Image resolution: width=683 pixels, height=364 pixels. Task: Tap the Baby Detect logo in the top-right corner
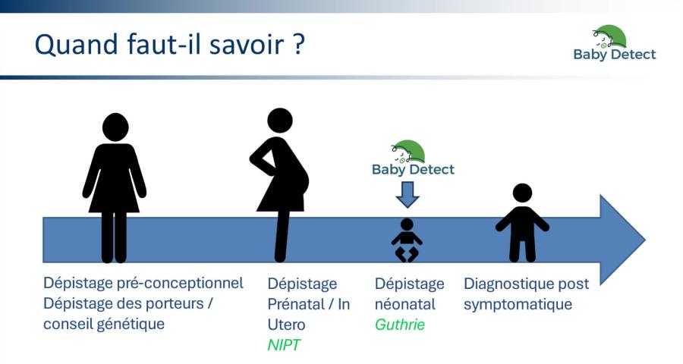(x=615, y=43)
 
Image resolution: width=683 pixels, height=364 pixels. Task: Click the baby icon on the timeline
(x=407, y=240)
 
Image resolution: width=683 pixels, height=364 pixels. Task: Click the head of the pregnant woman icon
(x=280, y=121)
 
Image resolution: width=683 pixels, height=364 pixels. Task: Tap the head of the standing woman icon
(x=115, y=127)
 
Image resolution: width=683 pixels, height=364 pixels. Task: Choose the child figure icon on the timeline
(x=522, y=223)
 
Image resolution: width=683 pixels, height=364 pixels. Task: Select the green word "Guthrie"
(x=400, y=325)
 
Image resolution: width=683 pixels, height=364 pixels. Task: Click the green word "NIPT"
(x=284, y=345)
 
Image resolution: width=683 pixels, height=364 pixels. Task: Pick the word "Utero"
(x=286, y=325)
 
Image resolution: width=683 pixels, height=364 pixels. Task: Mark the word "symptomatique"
(x=518, y=304)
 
